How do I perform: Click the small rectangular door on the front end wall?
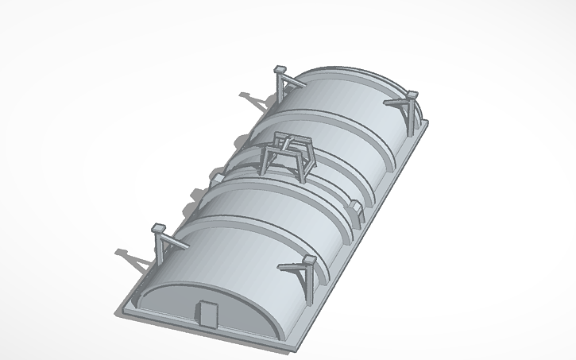pyautogui.click(x=208, y=315)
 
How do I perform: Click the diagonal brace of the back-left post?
pyautogui.click(x=294, y=79)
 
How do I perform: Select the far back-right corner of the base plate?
pyautogui.click(x=426, y=123)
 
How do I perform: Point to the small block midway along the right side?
pyautogui.click(x=357, y=210)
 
